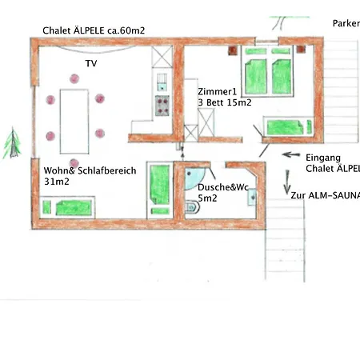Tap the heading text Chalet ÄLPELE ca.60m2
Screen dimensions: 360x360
coord(94,31)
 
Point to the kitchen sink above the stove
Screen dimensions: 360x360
coord(162,84)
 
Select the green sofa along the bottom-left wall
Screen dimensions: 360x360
coord(68,207)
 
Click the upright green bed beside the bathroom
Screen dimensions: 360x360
coord(158,189)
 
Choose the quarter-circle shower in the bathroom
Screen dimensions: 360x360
coord(194,178)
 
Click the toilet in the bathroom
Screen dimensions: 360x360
coord(192,209)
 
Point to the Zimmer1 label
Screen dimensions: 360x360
coord(218,91)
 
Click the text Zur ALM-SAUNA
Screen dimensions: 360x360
coord(325,195)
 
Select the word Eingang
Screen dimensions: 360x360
coord(323,158)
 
